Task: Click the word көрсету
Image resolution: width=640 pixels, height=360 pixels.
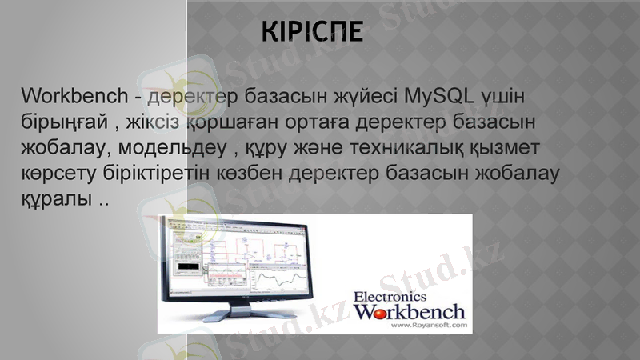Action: (58, 173)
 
